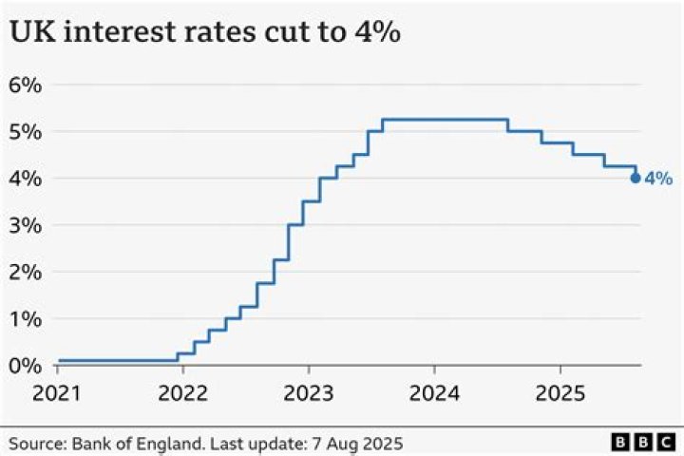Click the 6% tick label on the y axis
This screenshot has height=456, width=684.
point(25,85)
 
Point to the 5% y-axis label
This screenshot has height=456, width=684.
point(25,131)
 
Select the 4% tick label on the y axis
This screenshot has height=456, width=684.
point(25,179)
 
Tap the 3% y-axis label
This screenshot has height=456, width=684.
point(25,225)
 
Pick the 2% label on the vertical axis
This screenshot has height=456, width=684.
point(25,272)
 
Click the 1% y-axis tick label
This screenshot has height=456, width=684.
point(25,319)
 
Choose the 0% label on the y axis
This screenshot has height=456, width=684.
point(25,366)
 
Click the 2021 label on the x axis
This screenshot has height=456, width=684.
point(58,392)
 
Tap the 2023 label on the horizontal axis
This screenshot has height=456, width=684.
point(308,392)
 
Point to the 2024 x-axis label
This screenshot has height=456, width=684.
point(434,392)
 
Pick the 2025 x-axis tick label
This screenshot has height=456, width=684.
point(560,392)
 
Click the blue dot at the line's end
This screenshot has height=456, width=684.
point(635,178)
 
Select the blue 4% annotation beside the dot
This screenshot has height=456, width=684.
point(658,178)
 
